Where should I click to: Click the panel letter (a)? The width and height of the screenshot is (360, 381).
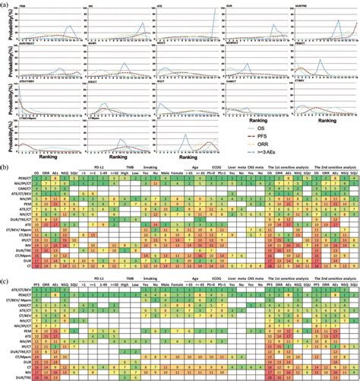7,5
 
